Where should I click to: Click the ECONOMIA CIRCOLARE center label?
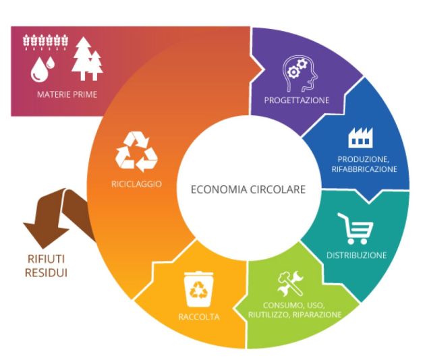coord(248,189)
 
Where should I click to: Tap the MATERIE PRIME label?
coord(67,94)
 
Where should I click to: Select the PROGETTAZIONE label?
coord(297,100)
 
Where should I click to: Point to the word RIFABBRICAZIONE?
coord(364,169)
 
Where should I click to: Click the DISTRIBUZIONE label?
coord(356,256)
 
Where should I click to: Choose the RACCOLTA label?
coord(199,317)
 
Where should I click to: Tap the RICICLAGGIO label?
coord(136,184)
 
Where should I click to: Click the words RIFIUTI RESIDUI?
coord(46,266)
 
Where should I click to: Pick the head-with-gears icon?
coord(300,73)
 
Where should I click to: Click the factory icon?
coord(360,138)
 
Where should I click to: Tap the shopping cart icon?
coord(355,229)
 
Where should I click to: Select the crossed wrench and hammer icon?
coord(290,284)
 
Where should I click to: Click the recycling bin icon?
coord(199,289)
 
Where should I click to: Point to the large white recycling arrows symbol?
coord(136,152)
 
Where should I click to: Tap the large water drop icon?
coord(39,70)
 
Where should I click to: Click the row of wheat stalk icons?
coord(46,42)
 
